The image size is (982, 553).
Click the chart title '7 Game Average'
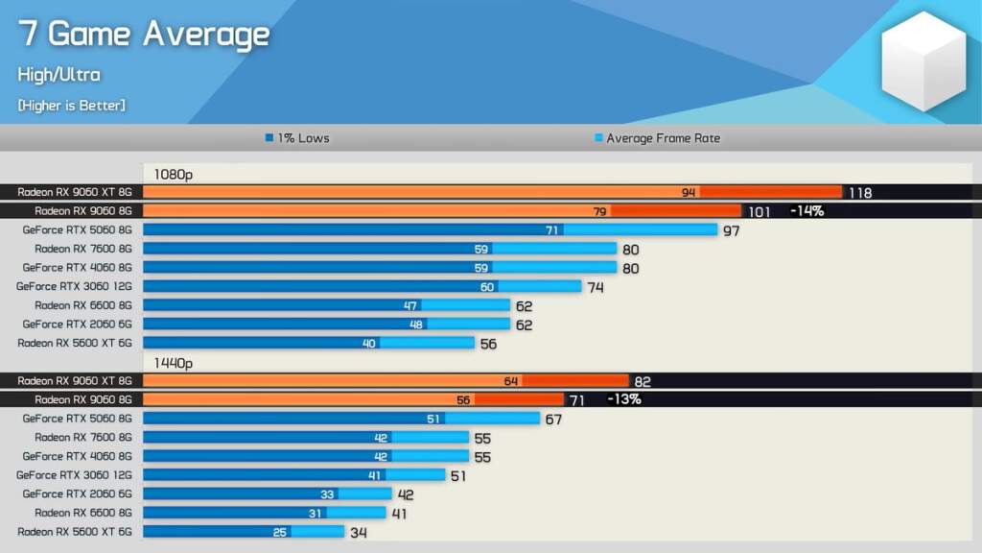pos(144,35)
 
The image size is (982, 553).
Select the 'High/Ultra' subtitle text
pos(58,75)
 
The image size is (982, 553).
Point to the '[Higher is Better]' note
pos(71,105)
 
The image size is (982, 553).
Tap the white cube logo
pos(924,60)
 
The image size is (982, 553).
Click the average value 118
pos(859,193)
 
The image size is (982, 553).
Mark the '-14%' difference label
pos(807,211)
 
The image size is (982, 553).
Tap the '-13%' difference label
pos(623,399)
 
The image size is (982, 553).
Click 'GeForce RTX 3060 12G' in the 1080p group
pos(74,286)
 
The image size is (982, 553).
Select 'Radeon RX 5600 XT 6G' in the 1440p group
pos(74,531)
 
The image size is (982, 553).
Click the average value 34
pos(358,532)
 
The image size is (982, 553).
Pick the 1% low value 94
pos(688,193)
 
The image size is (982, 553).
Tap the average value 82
pos(643,381)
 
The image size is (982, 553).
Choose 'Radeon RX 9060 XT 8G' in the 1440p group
pos(74,381)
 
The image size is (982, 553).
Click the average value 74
pos(596,287)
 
